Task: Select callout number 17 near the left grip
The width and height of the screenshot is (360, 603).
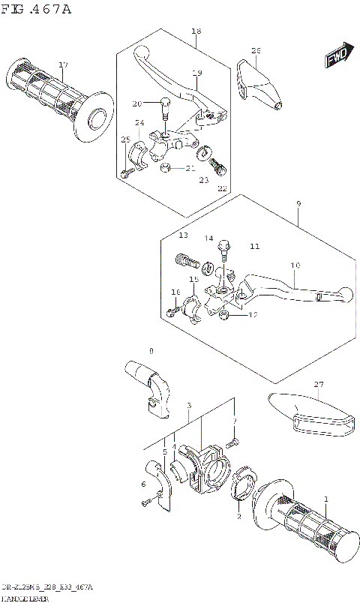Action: point(64,65)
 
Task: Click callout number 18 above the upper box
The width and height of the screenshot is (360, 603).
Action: point(196,31)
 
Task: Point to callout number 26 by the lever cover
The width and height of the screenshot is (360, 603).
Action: point(256,51)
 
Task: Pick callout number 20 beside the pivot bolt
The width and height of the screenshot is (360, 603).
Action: point(136,103)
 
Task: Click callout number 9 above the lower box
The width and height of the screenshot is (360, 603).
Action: point(298,203)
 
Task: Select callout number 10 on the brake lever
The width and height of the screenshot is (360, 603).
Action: point(295,266)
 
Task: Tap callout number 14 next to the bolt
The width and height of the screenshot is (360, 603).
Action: point(209,238)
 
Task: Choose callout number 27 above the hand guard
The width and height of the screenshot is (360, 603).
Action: point(319,385)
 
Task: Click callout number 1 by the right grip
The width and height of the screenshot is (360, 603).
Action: point(326,499)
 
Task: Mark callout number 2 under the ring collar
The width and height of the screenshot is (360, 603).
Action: point(238,517)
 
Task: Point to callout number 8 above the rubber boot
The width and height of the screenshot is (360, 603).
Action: point(151,350)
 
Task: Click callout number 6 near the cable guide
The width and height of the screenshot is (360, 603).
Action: point(143,485)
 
